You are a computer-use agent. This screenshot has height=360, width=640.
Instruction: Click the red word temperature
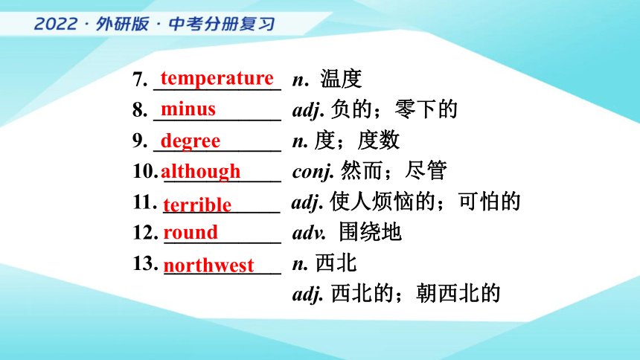[217, 78]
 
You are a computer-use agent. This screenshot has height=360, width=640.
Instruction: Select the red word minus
[188, 109]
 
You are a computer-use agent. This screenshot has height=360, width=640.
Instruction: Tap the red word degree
[191, 141]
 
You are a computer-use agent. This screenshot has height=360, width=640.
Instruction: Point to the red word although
[200, 171]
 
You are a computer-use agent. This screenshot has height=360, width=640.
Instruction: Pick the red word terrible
[197, 205]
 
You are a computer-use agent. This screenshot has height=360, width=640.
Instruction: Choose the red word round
[191, 232]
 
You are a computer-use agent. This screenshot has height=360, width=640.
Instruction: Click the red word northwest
[208, 266]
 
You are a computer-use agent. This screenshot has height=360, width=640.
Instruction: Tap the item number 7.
[140, 79]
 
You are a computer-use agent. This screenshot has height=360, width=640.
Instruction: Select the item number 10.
[145, 170]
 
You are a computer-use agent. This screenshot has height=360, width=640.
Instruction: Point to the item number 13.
[145, 263]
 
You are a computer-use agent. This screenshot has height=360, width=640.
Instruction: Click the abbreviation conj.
[313, 171]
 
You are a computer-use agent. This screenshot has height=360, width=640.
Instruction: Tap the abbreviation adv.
[309, 233]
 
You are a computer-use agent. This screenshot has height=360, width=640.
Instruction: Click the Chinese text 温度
[341, 78]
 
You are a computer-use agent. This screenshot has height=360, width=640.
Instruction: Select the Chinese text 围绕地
[370, 232]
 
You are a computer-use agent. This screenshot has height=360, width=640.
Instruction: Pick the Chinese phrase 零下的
[426, 109]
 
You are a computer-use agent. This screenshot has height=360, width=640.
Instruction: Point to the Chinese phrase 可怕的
[490, 202]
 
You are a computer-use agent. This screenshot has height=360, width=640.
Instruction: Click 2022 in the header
[56, 24]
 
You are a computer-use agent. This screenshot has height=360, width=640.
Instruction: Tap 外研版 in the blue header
[123, 24]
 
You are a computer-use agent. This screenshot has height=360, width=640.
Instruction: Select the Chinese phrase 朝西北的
[458, 294]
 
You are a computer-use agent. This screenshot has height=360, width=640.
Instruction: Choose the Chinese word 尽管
[426, 170]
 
